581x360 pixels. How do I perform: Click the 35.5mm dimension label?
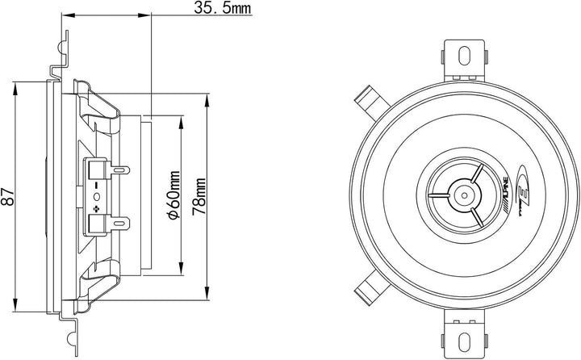[x=223, y=7]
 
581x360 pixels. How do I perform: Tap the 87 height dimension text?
[x=8, y=196]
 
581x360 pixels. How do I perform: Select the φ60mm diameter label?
[x=173, y=195]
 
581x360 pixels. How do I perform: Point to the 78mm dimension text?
[x=199, y=196]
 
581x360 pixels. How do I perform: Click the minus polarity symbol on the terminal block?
[x=97, y=184]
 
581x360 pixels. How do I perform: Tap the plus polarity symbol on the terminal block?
[x=97, y=208]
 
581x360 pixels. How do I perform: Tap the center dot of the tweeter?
[x=464, y=195]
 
